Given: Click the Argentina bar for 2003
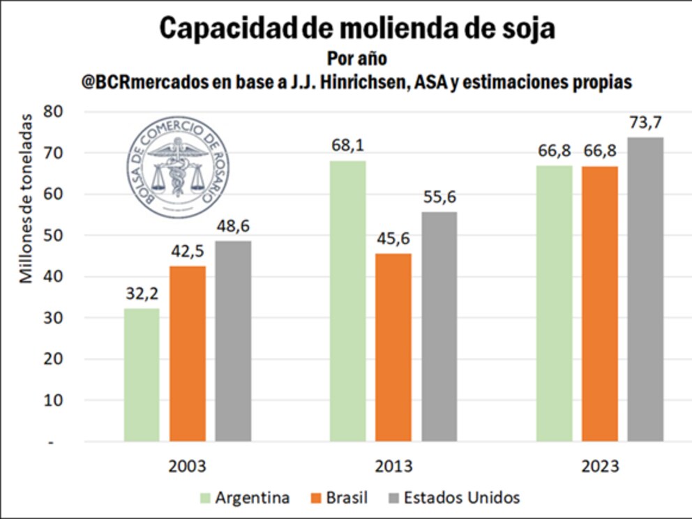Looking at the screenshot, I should click(142, 375).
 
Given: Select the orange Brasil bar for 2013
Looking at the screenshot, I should click(393, 347).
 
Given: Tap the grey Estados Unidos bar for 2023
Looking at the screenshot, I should click(645, 289).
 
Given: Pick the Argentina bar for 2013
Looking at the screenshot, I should click(347, 301).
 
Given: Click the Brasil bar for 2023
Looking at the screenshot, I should click(599, 303).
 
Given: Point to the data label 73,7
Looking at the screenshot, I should click(645, 123).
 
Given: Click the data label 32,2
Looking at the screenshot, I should click(142, 294).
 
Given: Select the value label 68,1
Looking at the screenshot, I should click(347, 146).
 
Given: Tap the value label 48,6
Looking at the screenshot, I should click(233, 227).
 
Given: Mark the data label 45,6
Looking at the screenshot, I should click(393, 239).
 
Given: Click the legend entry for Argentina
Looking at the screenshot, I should click(245, 497).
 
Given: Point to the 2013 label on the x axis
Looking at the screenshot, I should click(393, 466).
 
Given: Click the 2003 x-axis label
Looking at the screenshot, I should click(188, 466).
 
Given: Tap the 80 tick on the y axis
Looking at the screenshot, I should click(53, 111).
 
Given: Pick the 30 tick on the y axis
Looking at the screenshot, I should click(53, 318).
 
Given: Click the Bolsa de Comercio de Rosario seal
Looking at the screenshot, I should click(178, 167).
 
